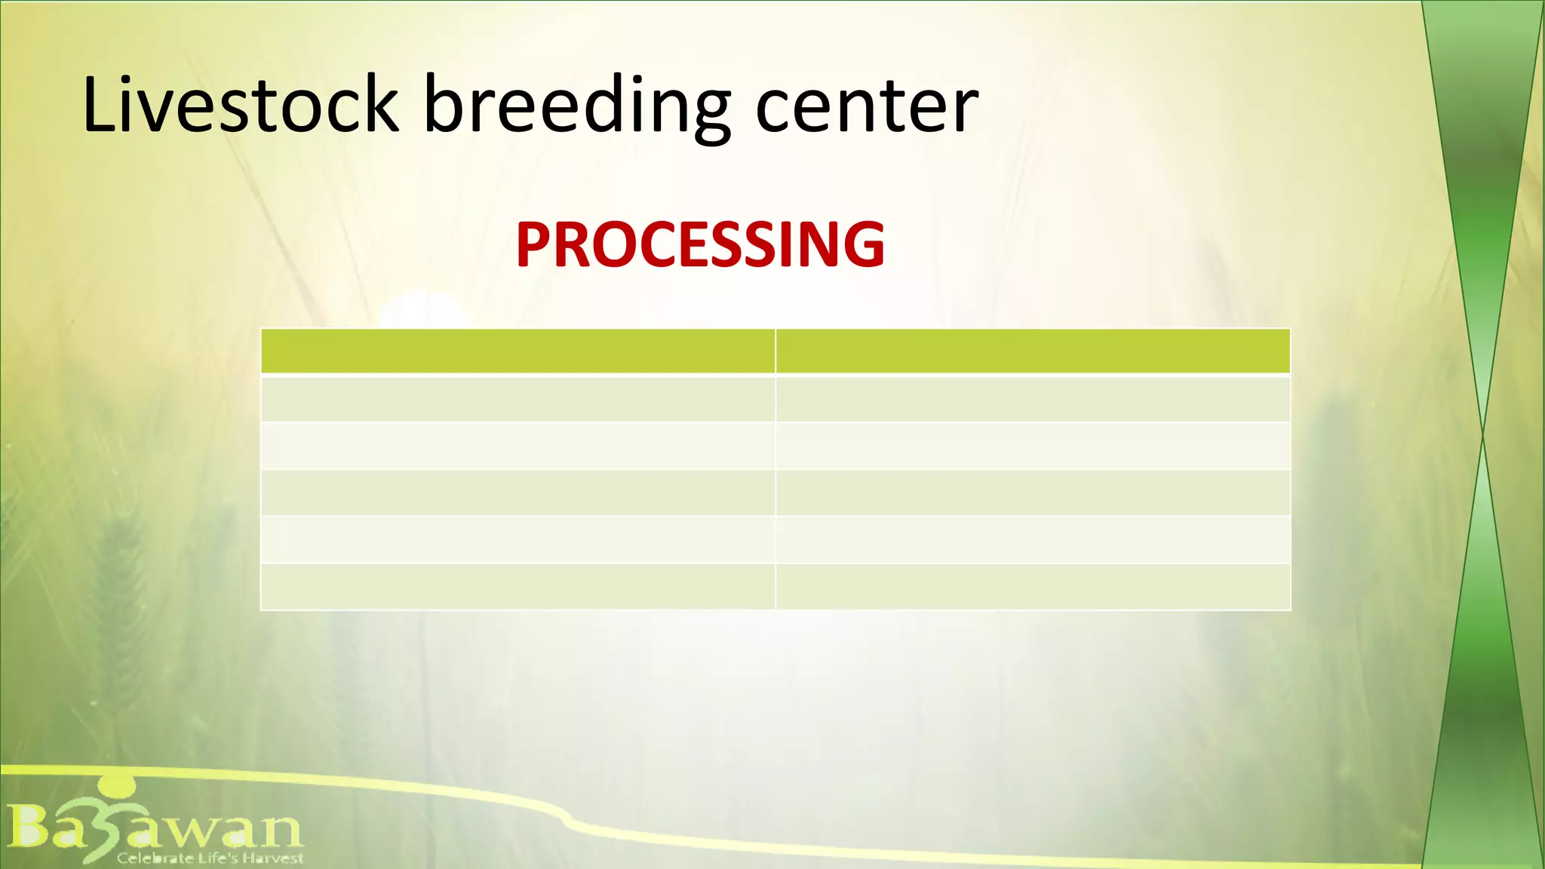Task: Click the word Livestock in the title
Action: pos(240,106)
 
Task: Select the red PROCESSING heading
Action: pos(700,245)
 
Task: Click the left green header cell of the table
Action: pos(518,352)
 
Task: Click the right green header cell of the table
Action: pos(1033,352)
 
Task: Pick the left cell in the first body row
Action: pos(518,399)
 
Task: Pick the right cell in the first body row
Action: pos(1033,399)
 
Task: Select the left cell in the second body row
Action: pos(518,446)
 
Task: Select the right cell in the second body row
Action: pos(1033,446)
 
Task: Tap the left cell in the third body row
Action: pos(518,493)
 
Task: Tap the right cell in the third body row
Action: pos(1033,493)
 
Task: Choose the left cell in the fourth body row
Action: pos(518,540)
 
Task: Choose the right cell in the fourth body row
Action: pos(1033,540)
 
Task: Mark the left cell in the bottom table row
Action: pos(518,587)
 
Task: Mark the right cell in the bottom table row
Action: pos(1033,587)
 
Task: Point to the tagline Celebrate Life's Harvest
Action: pos(210,858)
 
